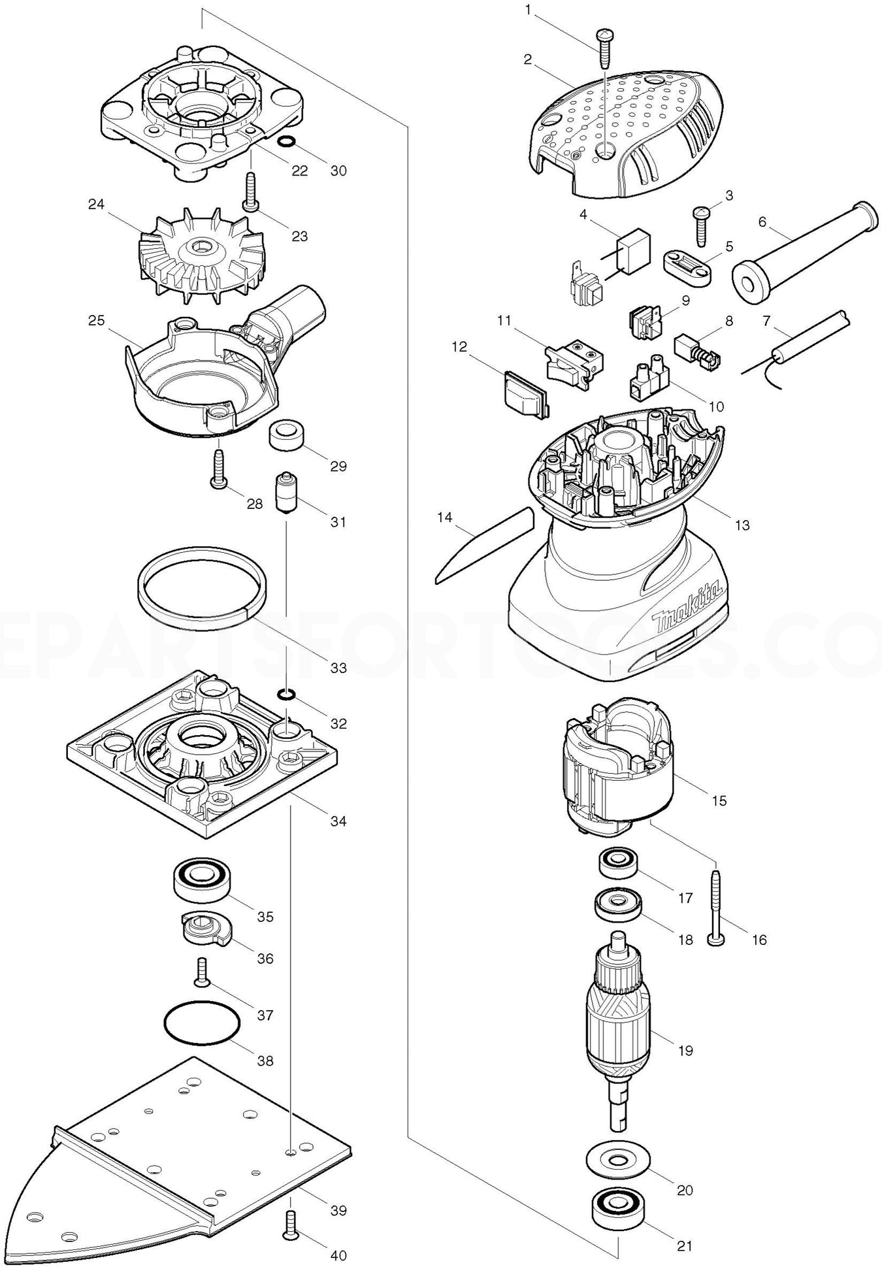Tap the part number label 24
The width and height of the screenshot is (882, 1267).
click(97, 205)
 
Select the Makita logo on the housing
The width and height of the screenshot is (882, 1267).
click(689, 610)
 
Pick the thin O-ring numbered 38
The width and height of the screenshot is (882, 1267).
click(199, 1027)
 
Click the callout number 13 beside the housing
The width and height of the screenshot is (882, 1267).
click(742, 525)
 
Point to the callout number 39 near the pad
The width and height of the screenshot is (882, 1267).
click(338, 1210)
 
